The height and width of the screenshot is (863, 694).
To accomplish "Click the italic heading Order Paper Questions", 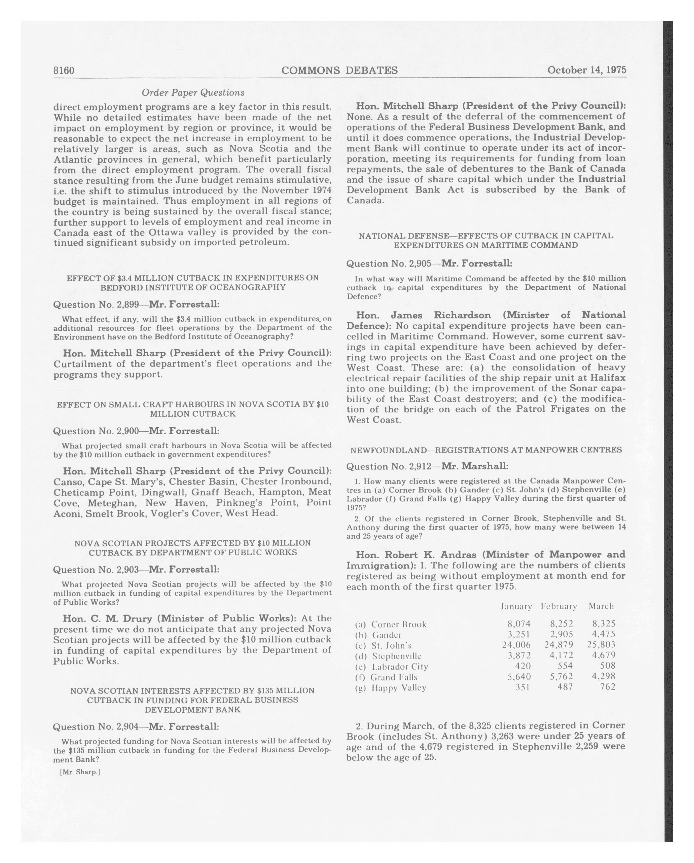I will [193, 93].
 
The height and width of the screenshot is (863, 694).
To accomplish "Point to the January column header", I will [516, 606].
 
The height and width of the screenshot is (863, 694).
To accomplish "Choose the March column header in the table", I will [601, 606].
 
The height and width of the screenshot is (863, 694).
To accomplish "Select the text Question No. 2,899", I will [96, 305].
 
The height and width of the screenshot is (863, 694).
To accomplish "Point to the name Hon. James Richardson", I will [423, 315].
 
